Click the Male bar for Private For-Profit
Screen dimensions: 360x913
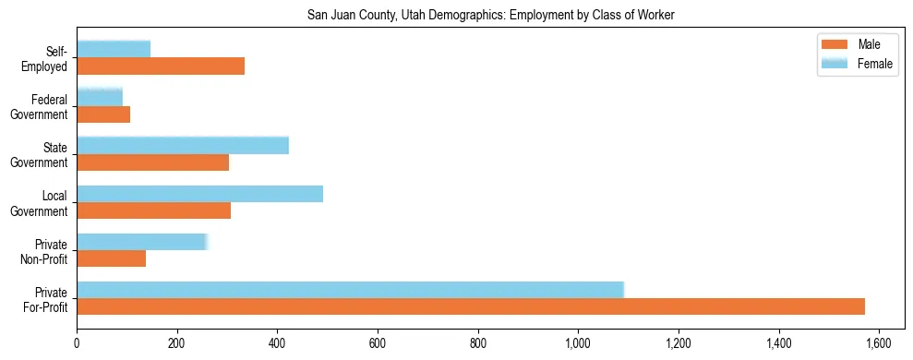471,306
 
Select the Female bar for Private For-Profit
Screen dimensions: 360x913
351,289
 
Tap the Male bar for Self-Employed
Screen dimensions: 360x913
161,66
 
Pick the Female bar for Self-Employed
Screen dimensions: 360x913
114,49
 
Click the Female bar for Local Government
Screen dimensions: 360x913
199,193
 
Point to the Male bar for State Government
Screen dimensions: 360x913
152,162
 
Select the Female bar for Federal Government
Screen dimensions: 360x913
100,97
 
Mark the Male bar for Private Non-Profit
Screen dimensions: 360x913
111,258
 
